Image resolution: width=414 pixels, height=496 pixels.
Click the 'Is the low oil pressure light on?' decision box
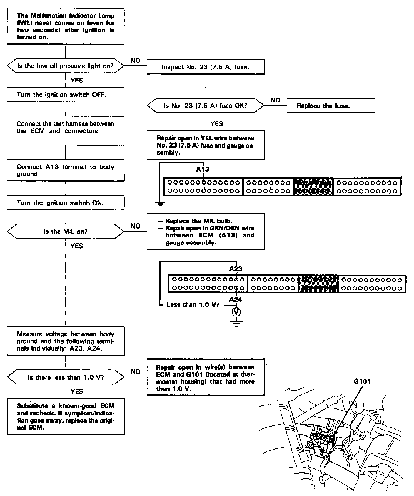pyautogui.click(x=65, y=66)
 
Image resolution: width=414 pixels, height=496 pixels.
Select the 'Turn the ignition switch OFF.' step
pyautogui.click(x=65, y=95)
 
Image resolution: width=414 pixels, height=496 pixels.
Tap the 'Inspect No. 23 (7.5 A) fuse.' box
pyautogui.click(x=206, y=67)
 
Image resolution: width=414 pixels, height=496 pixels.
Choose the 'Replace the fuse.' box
pyautogui.click(x=331, y=106)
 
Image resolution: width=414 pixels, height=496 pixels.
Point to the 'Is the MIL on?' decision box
pyautogui.click(x=65, y=232)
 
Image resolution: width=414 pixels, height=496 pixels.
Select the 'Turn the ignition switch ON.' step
pyautogui.click(x=65, y=203)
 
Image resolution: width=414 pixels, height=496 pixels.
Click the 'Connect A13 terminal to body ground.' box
pyautogui.click(x=65, y=170)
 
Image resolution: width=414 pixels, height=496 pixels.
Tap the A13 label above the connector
pyautogui.click(x=203, y=169)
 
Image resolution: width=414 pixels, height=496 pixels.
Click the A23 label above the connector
pyautogui.click(x=236, y=269)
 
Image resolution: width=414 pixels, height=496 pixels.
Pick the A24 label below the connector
pyautogui.click(x=236, y=300)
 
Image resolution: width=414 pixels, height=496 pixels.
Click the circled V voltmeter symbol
pyautogui.click(x=236, y=312)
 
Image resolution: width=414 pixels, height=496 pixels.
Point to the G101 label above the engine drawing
pyautogui.click(x=362, y=382)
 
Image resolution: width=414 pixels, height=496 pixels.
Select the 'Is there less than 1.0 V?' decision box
pyautogui.click(x=65, y=377)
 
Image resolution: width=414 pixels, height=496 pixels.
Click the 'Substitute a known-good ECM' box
pyautogui.click(x=65, y=417)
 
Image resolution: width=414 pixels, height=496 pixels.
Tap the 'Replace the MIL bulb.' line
pyautogui.click(x=199, y=221)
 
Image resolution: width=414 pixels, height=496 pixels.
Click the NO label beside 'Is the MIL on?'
pyautogui.click(x=136, y=226)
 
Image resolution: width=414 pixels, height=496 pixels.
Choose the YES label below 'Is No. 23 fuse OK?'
pyautogui.click(x=217, y=124)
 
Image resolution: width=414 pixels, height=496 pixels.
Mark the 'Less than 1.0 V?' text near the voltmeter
pyautogui.click(x=193, y=305)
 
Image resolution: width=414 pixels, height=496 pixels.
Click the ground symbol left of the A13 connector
pyautogui.click(x=160, y=203)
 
